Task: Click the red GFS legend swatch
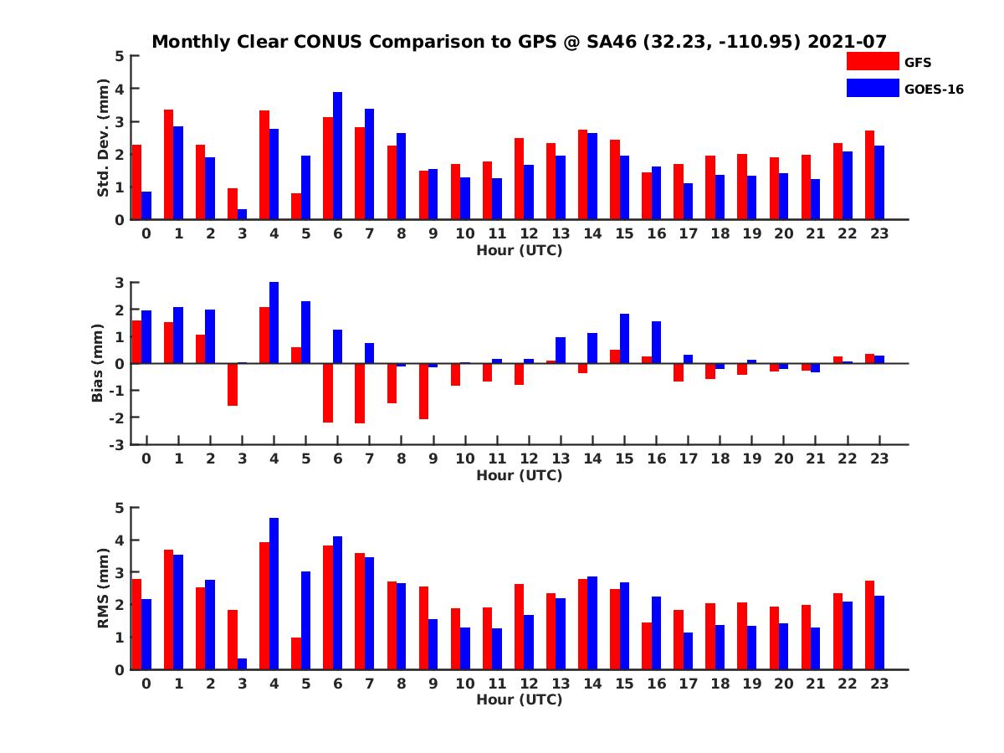(x=873, y=62)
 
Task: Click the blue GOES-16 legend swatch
(x=873, y=88)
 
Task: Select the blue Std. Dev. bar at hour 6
(x=337, y=156)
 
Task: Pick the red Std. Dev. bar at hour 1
(x=168, y=165)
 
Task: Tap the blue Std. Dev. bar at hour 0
(x=146, y=206)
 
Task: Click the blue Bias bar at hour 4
(x=274, y=323)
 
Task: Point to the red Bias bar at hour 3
(x=233, y=384)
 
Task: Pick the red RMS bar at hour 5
(x=296, y=653)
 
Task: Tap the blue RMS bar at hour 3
(x=242, y=663)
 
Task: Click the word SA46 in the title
(x=608, y=42)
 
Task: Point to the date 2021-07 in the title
(x=847, y=42)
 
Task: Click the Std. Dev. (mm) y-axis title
(x=104, y=138)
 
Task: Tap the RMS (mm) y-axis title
(x=104, y=588)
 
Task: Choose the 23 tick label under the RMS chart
(x=879, y=683)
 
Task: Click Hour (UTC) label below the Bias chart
(x=519, y=475)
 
